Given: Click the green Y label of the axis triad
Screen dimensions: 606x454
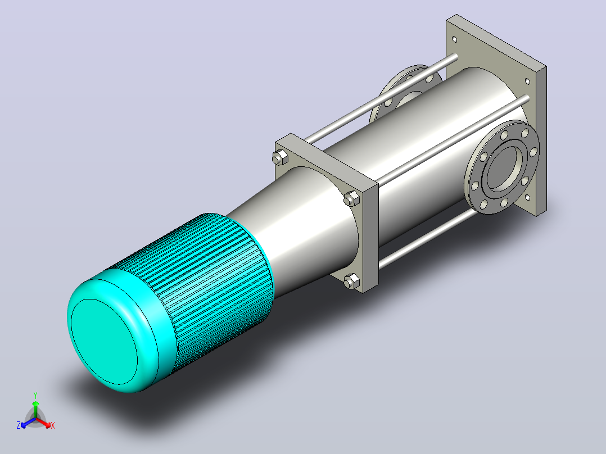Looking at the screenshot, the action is click(35, 395).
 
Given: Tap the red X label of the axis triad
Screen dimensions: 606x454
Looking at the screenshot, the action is click(53, 425).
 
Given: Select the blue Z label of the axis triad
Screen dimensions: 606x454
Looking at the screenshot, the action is click(19, 425).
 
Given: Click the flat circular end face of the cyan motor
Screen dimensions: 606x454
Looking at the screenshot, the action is click(104, 342).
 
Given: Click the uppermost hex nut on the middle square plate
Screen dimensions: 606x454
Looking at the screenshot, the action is click(280, 158).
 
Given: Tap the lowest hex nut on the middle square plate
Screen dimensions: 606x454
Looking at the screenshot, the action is click(351, 281).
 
